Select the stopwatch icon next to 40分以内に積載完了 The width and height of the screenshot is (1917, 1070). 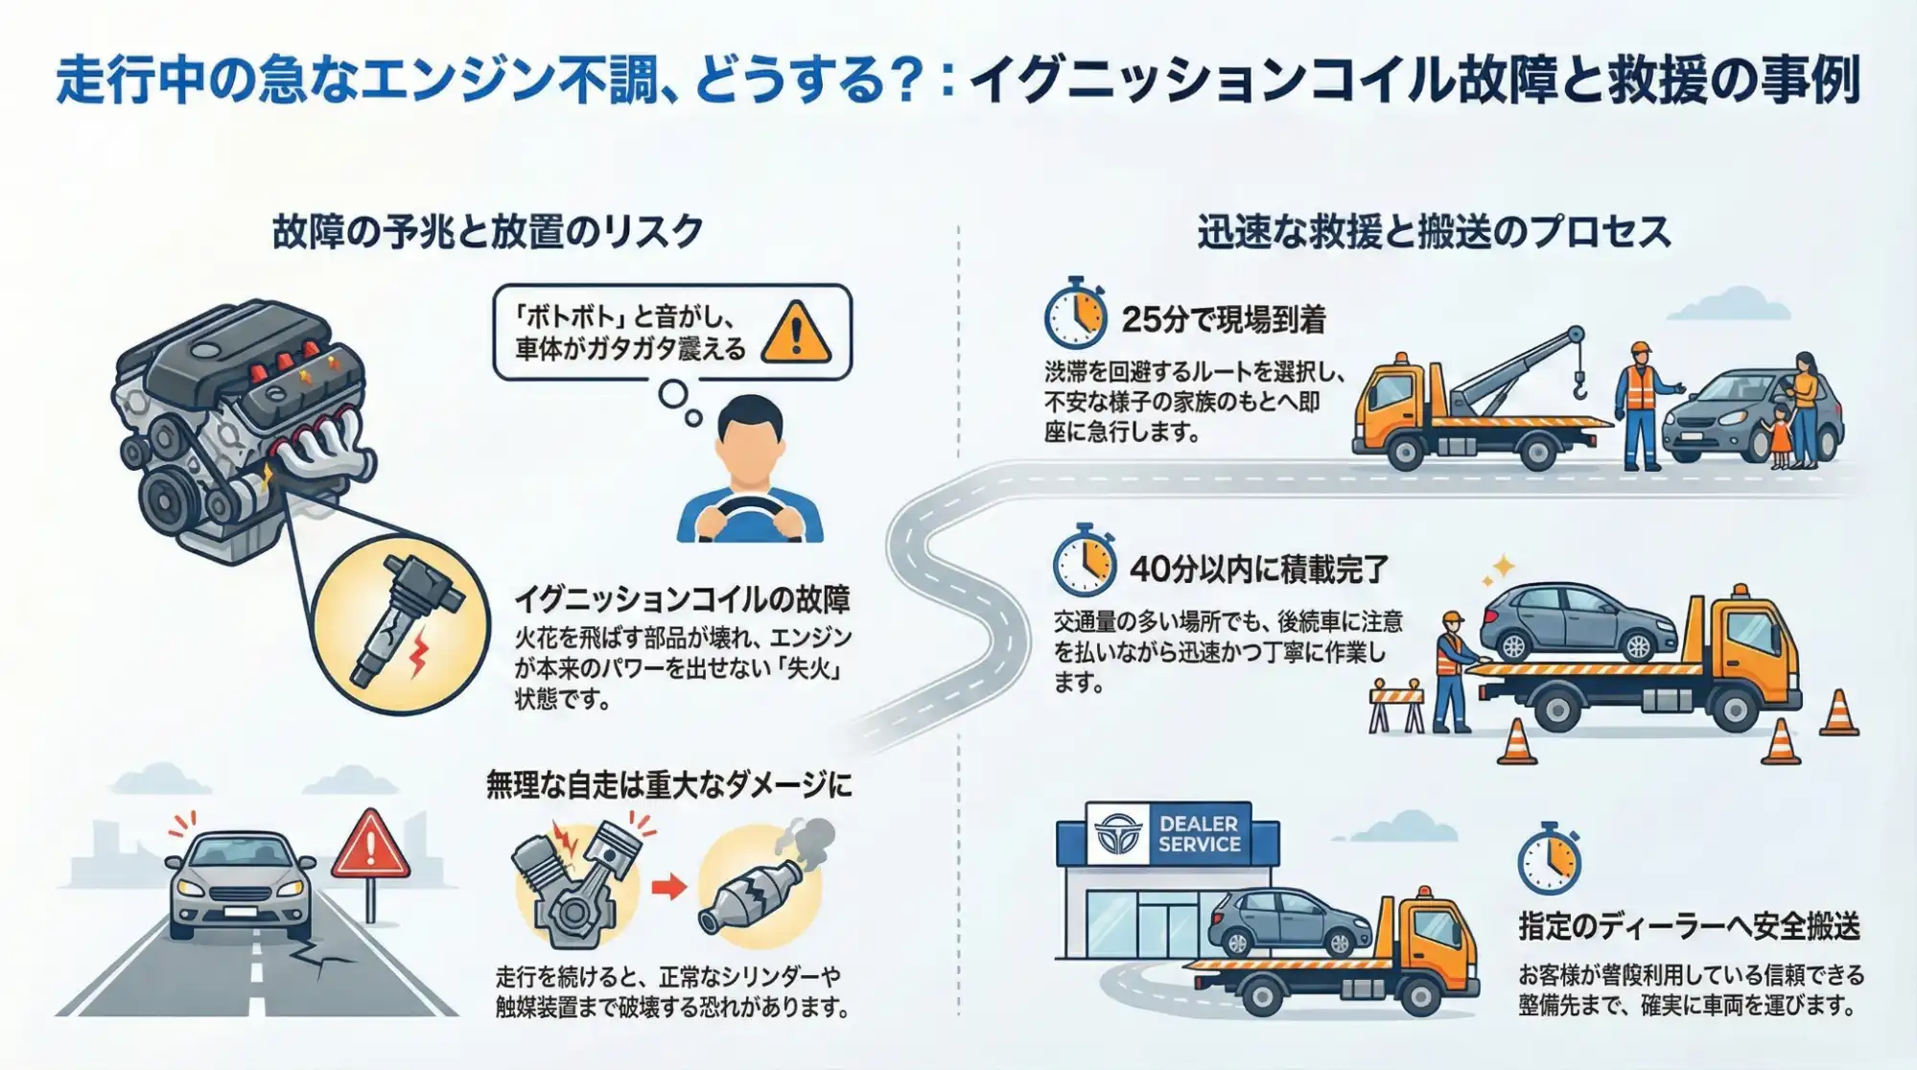coord(1085,563)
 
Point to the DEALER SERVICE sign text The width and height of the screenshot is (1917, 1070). coord(1199,834)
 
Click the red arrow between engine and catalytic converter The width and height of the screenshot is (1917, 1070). coord(668,886)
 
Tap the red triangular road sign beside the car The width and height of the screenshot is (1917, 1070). coord(370,848)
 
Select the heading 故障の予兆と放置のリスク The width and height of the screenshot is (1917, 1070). coord(488,232)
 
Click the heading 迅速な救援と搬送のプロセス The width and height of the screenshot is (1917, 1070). coord(1434,232)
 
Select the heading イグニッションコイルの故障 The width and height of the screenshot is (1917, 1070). coord(682,600)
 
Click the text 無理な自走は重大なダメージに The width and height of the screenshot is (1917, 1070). coord(668,785)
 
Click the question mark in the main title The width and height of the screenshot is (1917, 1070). coord(905,81)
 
